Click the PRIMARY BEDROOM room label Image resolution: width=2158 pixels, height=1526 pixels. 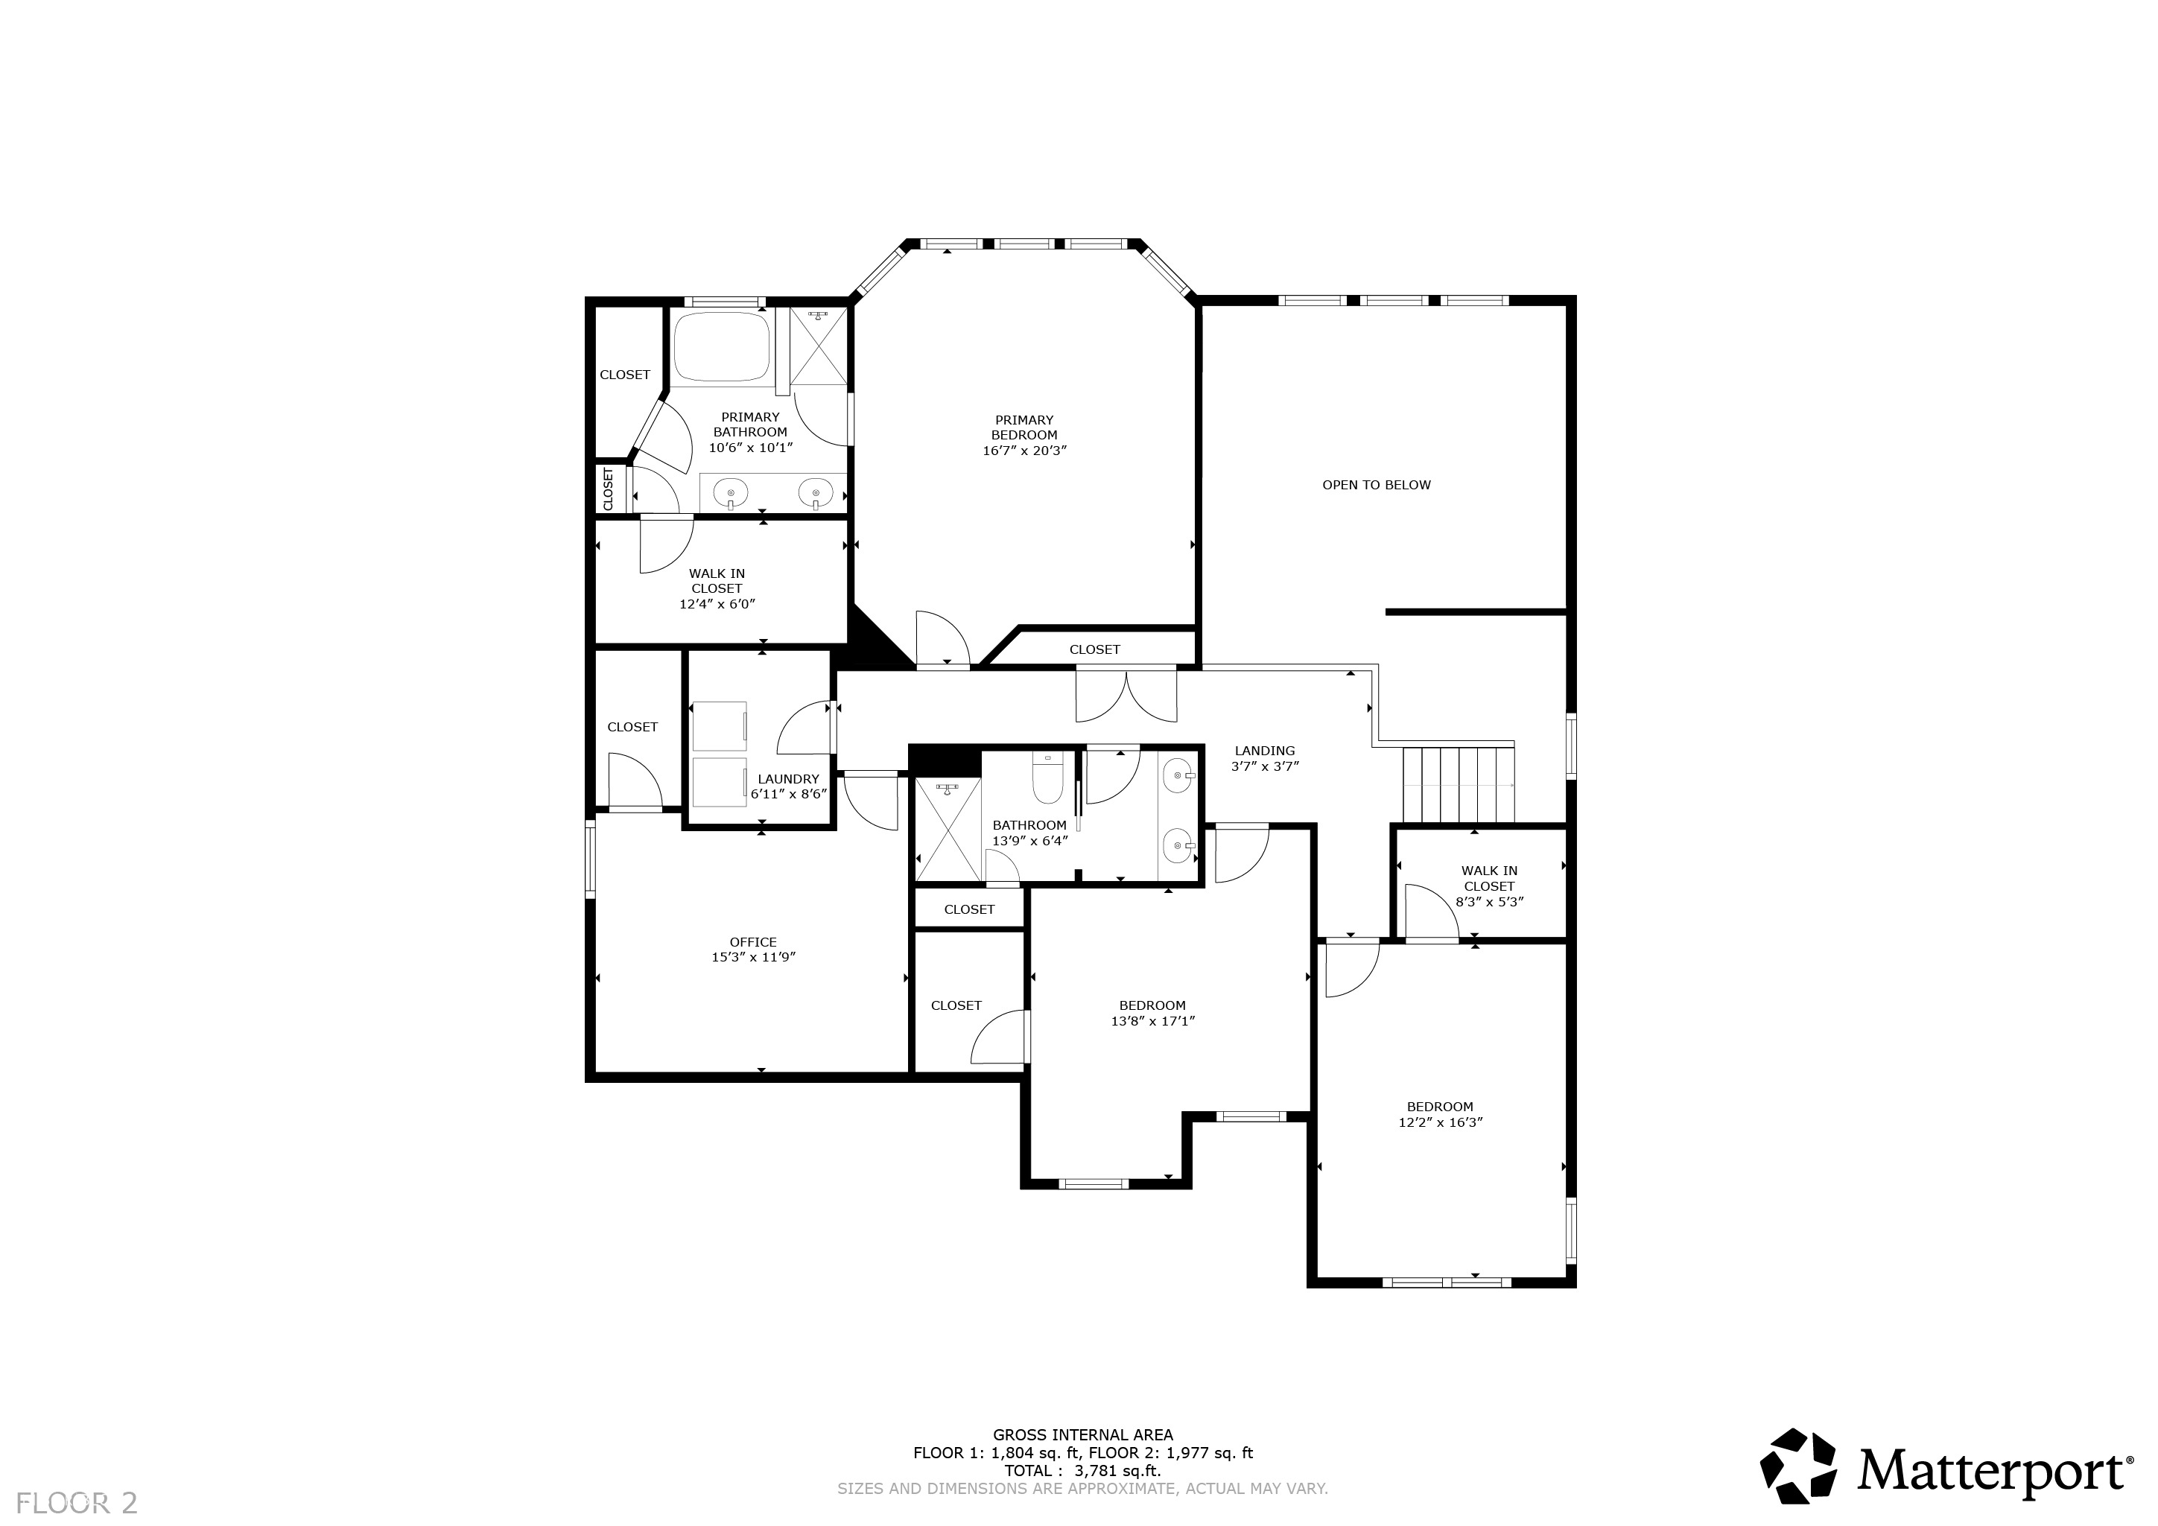click(x=1024, y=427)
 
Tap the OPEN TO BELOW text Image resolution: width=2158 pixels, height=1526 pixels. click(x=1375, y=485)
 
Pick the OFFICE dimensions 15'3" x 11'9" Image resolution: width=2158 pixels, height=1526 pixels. click(x=753, y=958)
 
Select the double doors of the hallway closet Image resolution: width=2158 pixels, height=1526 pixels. click(x=1125, y=696)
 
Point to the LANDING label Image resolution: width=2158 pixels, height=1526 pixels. click(x=1264, y=750)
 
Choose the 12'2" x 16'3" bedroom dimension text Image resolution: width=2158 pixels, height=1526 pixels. click(x=1439, y=1122)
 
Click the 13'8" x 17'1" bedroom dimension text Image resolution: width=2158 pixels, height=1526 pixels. click(x=1152, y=1020)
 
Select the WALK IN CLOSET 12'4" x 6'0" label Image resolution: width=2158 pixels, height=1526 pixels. click(x=717, y=588)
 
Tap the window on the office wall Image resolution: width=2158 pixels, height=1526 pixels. click(x=590, y=858)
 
